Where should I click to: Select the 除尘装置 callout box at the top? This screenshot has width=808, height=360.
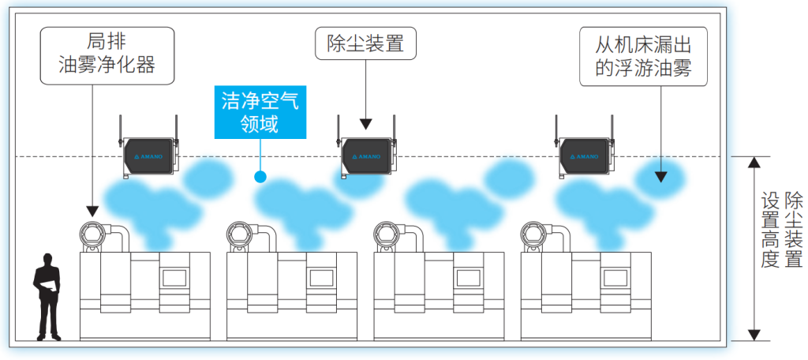(365, 43)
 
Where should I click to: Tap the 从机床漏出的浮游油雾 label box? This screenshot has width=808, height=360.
(642, 57)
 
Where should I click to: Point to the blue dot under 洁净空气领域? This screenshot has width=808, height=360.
(260, 176)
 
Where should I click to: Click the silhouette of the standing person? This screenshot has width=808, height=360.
(48, 297)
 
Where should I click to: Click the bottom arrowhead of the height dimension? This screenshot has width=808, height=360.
(755, 334)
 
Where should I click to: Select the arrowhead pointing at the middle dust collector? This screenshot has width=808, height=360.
(365, 124)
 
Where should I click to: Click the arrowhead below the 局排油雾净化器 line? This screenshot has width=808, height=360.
(92, 211)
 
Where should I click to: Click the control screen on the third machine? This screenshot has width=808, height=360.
(466, 277)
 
